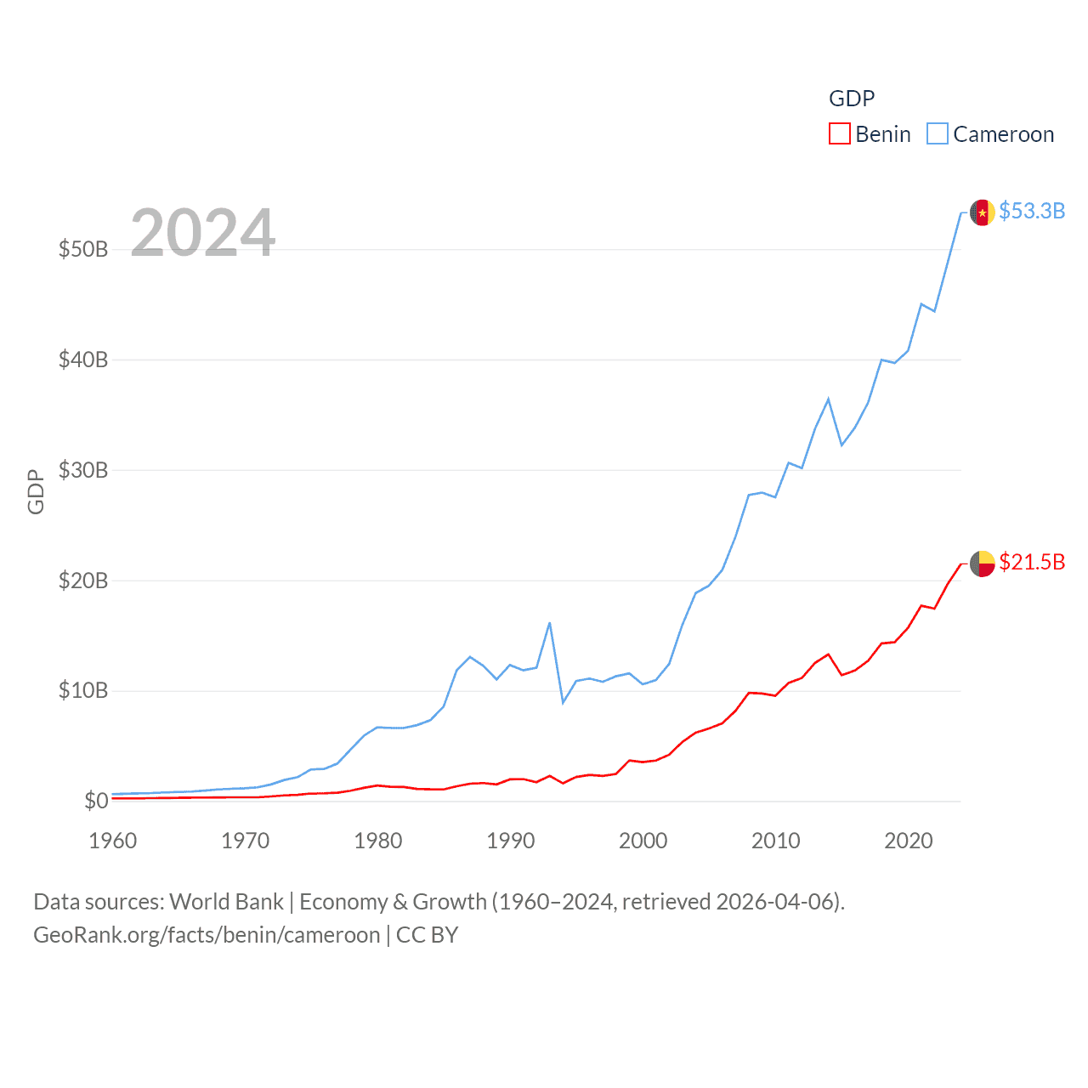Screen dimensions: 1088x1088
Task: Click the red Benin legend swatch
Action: (839, 134)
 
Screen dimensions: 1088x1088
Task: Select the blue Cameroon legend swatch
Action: (937, 134)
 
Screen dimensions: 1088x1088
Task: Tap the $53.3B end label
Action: (1032, 211)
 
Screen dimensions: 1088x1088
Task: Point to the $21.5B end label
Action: (1032, 562)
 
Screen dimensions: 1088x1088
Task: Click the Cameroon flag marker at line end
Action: (983, 212)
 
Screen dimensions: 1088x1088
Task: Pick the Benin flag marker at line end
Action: (983, 564)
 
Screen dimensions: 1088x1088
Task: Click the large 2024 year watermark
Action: (202, 233)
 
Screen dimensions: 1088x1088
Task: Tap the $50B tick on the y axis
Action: (83, 249)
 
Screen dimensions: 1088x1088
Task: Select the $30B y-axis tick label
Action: (83, 470)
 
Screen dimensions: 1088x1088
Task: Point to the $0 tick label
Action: (96, 801)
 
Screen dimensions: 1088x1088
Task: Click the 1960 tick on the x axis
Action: (112, 841)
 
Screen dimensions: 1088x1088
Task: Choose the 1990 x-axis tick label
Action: (510, 841)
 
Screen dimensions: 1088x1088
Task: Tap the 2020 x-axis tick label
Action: (908, 841)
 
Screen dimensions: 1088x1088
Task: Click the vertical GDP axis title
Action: (36, 491)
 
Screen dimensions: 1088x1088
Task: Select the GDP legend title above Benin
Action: (851, 99)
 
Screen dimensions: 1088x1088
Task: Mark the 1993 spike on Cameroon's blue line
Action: (550, 623)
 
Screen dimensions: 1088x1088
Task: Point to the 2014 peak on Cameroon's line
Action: (828, 399)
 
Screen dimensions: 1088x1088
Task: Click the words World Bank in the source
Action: (226, 902)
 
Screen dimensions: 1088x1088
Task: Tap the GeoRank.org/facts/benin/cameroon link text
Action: (207, 935)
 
